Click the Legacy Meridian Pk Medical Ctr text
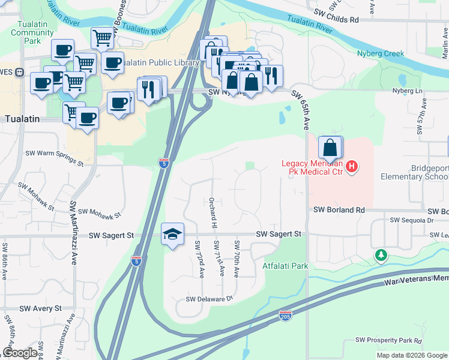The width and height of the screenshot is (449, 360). [313, 168]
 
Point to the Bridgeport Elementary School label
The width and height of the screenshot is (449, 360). [414, 172]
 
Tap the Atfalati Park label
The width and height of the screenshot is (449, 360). [285, 265]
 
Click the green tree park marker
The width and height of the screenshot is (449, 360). [381, 256]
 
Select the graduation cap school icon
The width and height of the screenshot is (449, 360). [172, 235]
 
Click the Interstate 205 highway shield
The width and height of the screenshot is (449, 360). [286, 315]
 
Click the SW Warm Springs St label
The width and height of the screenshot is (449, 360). [54, 158]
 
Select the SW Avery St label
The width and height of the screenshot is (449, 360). [40, 308]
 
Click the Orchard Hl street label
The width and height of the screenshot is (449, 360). [212, 213]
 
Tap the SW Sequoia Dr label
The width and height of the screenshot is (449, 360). [411, 220]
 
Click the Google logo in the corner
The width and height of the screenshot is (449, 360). [20, 353]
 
